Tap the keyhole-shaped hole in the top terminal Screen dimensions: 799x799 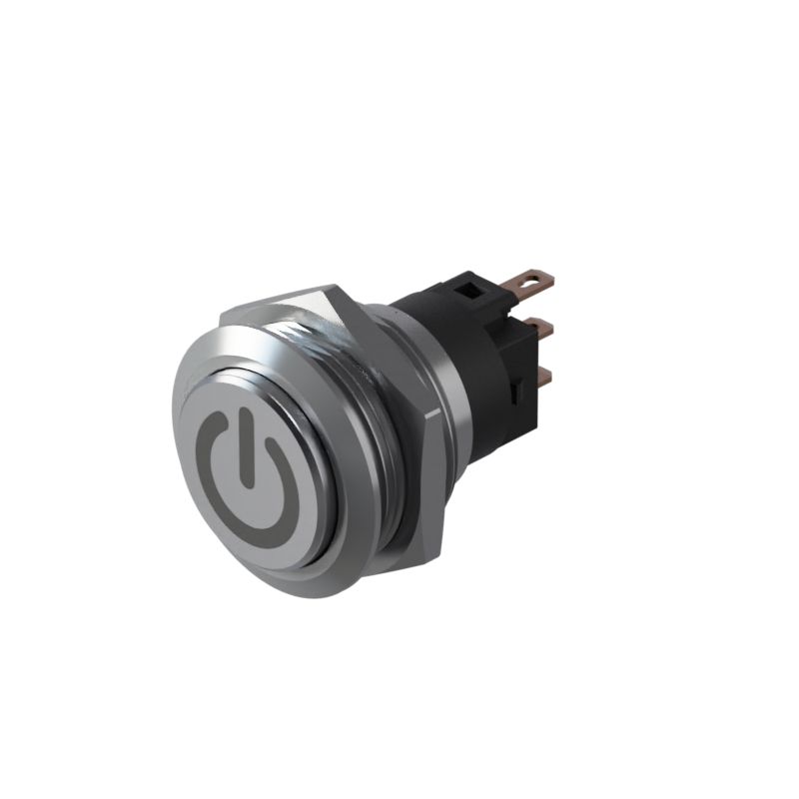535,277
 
